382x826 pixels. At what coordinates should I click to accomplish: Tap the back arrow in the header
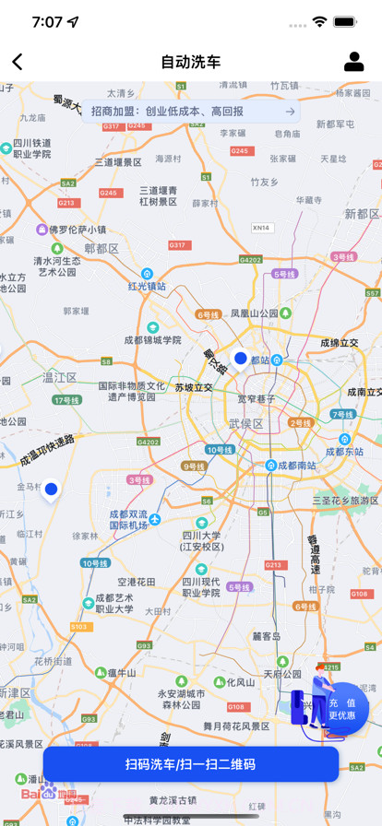point(18,62)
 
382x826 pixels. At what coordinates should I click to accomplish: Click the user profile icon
point(353,62)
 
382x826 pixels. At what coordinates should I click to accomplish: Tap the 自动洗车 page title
point(191,62)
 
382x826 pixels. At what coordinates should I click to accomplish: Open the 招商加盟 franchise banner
point(192,112)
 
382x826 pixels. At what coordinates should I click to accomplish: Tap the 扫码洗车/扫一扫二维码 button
point(190,764)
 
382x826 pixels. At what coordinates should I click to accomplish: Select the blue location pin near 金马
point(51,489)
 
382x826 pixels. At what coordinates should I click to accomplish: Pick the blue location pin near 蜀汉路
point(240,358)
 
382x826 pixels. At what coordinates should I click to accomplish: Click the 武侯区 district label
point(245,423)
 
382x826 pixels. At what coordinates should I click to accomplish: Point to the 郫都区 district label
point(101,249)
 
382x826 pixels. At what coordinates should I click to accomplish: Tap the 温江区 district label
point(60,377)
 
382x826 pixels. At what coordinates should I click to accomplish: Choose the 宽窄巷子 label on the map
point(257,399)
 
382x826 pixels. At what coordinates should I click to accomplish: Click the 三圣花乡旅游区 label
point(345,500)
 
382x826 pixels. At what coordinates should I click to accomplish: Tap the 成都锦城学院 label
point(152,339)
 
